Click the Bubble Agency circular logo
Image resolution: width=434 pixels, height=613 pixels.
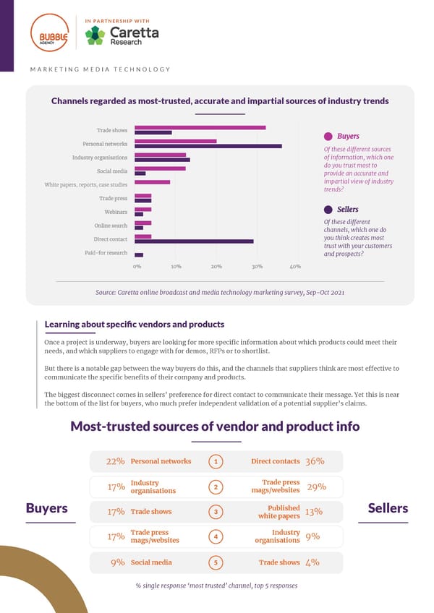click(49, 35)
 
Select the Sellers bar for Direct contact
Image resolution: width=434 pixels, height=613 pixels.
click(194, 241)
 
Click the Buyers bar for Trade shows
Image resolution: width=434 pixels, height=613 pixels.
click(200, 128)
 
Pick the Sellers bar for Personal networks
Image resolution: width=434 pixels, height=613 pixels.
click(208, 146)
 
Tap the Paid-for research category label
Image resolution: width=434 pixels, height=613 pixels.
click(106, 252)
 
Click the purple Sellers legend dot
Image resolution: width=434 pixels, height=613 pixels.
click(328, 210)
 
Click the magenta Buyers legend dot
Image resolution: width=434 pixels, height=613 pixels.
click(328, 136)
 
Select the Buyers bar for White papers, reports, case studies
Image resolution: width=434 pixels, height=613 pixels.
click(152, 182)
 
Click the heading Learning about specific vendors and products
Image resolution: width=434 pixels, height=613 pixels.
click(135, 324)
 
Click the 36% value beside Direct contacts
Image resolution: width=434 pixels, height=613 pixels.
click(315, 461)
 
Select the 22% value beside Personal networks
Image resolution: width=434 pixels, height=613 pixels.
click(116, 461)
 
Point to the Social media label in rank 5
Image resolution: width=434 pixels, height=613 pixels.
click(151, 562)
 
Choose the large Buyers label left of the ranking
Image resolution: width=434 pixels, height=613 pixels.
click(47, 508)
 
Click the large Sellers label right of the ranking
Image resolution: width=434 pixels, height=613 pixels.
click(388, 508)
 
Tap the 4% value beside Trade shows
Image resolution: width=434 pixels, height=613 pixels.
click(313, 562)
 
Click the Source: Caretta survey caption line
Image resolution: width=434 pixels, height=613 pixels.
click(219, 292)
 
